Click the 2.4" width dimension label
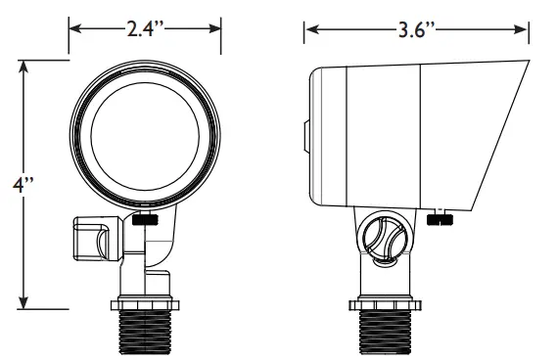point(146,28)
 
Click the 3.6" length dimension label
point(416,29)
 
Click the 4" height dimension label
point(23,185)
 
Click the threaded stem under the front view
point(145,333)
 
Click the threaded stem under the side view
point(386,333)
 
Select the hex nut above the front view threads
point(145,305)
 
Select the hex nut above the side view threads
point(386,305)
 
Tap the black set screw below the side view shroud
point(440,219)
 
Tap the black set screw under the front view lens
point(145,219)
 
